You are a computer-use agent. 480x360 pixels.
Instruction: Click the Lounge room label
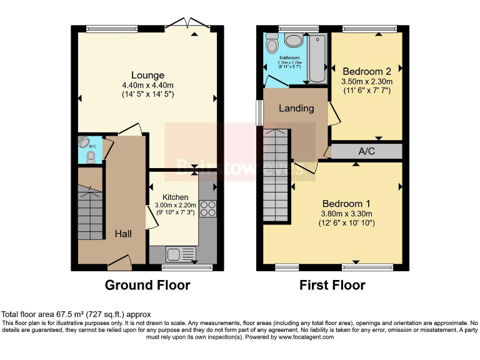point(148,76)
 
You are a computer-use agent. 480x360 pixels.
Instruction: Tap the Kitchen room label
point(175,197)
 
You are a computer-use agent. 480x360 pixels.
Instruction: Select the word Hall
point(123,234)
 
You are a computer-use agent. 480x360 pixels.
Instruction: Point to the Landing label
point(296,108)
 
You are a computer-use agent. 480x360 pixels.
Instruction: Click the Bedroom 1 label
point(346,204)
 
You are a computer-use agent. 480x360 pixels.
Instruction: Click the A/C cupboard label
point(366,151)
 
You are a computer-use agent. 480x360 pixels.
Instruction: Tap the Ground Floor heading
point(147,286)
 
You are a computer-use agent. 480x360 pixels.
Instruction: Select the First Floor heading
point(332,286)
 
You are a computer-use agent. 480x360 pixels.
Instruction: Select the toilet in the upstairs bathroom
point(272,44)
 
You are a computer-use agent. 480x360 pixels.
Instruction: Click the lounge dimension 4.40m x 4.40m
point(148,86)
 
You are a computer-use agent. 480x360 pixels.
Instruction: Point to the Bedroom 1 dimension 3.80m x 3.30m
point(346,214)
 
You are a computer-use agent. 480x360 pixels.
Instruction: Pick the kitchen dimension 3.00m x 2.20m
point(175,205)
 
